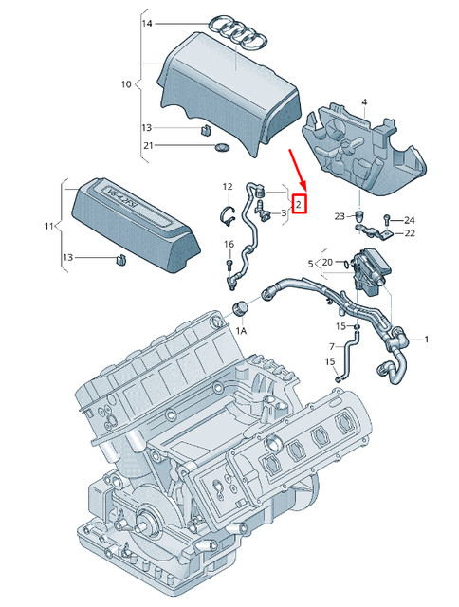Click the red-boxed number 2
(299, 204)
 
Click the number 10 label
(126, 84)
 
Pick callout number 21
(147, 145)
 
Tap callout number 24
(410, 220)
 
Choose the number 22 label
(410, 233)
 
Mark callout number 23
(340, 216)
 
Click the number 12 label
(228, 186)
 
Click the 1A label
(241, 331)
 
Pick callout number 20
(326, 262)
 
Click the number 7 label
(332, 346)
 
